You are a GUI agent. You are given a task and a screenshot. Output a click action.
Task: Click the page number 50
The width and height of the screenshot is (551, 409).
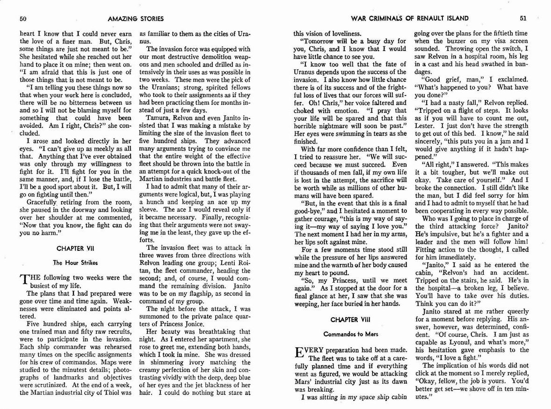pyautogui.click(x=22, y=19)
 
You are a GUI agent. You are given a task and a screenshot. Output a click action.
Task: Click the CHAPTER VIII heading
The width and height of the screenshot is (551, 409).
pyautogui.click(x=349, y=320)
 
